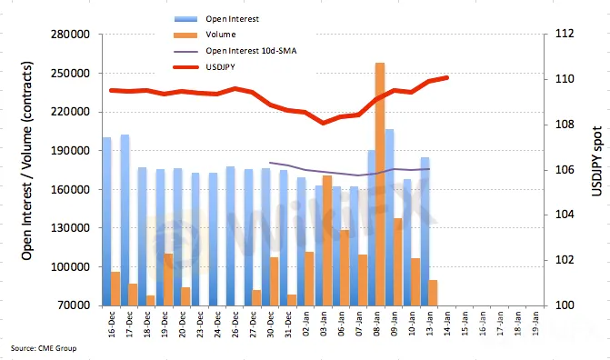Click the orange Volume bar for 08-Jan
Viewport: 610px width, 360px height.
click(380, 184)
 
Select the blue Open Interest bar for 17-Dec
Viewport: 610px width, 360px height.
click(125, 220)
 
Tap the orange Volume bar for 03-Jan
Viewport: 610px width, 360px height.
click(327, 241)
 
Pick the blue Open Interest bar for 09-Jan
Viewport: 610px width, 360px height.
click(389, 217)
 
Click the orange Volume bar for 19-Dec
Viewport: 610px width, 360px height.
click(168, 280)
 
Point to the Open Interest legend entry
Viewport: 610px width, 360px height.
click(216, 19)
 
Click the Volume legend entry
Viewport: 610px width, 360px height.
click(205, 35)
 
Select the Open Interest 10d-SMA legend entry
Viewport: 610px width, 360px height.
click(235, 51)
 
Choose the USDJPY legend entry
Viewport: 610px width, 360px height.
click(205, 67)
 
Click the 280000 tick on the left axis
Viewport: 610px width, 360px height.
click(70, 35)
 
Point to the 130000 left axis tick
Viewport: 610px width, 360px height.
click(70, 228)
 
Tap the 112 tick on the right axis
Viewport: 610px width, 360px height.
click(565, 34)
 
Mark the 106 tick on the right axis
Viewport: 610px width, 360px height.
click(565, 170)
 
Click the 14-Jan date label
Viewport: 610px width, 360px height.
click(447, 323)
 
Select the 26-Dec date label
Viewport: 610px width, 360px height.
click(235, 324)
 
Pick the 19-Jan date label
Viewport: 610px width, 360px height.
click(535, 323)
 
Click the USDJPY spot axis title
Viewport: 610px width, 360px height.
click(596, 161)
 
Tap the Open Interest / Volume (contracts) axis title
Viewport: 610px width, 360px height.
click(27, 161)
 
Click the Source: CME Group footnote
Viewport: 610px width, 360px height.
click(44, 348)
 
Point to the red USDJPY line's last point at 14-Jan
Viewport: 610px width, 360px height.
click(446, 77)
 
